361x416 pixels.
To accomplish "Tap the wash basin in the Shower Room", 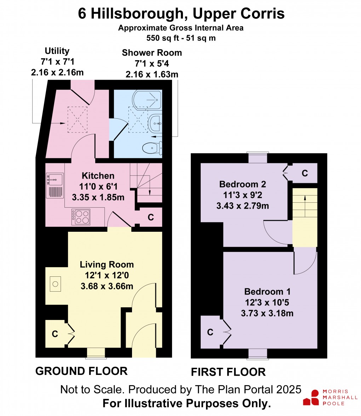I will (155, 124).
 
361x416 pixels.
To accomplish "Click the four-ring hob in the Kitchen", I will (81, 217).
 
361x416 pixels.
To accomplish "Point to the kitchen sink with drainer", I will (55, 186).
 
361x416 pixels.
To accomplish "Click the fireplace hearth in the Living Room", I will (55, 283).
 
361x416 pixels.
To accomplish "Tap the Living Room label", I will (107, 264).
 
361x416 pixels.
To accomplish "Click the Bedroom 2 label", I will (242, 184).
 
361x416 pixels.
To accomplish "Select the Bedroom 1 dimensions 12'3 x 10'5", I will (268, 303).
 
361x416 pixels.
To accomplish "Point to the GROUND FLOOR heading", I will (81, 371).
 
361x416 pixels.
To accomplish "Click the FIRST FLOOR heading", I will (228, 372).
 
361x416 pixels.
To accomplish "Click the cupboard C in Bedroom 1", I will (210, 332).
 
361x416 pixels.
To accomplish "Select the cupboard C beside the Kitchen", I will (150, 218).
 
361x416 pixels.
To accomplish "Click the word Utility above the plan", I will (57, 51).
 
